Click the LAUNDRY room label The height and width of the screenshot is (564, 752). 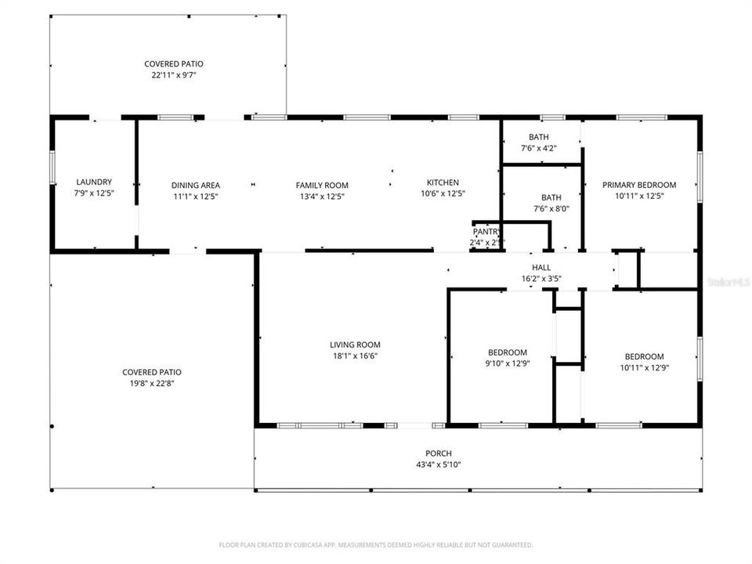point(93,182)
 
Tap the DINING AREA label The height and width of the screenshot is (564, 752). point(195,186)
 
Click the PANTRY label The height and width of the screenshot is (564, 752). point(486,232)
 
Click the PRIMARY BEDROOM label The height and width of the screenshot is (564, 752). point(638,186)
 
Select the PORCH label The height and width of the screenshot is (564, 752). point(439,454)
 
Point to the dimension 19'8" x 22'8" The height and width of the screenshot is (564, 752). point(152,384)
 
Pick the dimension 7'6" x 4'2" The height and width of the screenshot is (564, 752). point(538,148)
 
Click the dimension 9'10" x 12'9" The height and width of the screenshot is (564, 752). point(508,363)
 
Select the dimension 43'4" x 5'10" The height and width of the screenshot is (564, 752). point(439,465)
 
